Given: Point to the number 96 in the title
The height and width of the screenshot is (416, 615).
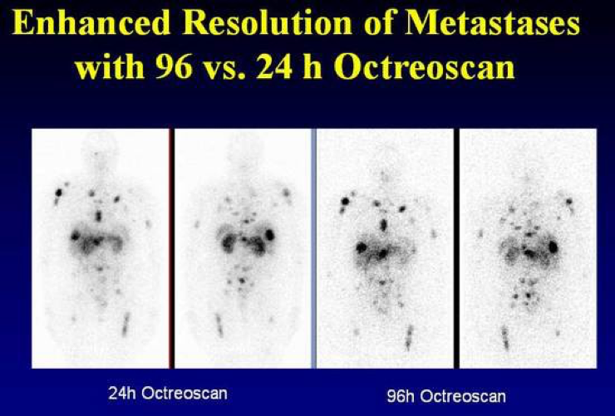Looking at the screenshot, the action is point(174,67).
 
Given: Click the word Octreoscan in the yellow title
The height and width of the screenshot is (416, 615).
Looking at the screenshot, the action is point(424,67).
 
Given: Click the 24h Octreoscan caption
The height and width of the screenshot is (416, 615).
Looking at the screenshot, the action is point(168,393).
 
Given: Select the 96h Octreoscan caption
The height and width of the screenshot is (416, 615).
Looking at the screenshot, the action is point(446,396).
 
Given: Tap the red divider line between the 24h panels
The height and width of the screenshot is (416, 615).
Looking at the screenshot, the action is point(171,248).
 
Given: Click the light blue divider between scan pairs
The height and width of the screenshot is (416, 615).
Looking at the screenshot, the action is point(314,248).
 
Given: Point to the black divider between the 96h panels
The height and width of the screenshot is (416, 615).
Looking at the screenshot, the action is point(456,248).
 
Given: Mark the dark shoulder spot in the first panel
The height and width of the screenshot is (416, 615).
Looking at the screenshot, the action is point(59,193).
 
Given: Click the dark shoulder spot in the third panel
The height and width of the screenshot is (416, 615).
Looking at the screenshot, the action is point(345,201).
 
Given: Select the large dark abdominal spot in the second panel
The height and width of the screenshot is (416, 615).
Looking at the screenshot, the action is point(269,234).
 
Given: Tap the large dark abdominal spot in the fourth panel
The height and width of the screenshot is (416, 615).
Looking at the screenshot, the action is point(553,247).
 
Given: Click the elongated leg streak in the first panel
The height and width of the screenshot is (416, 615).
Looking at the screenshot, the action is point(125,324).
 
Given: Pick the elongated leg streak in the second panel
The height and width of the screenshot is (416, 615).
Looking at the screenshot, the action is point(219,325).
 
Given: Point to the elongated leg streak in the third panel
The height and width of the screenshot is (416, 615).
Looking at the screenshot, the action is point(409,337).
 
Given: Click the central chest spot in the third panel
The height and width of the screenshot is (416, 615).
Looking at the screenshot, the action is point(384,225).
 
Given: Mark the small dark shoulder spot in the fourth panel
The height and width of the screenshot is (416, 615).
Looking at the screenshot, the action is point(568,201).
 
